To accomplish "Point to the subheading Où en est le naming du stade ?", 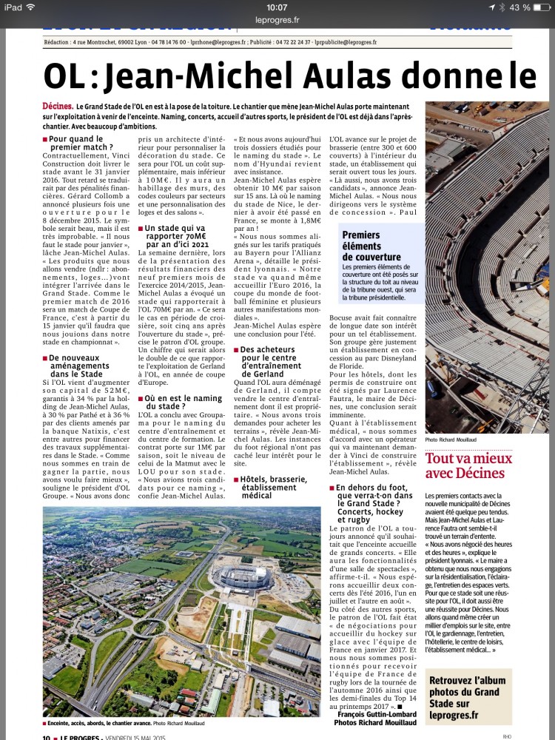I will (x=178, y=403).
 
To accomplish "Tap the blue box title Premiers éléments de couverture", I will (x=371, y=246).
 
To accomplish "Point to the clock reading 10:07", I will (x=277, y=7).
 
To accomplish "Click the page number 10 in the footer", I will (x=47, y=736).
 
